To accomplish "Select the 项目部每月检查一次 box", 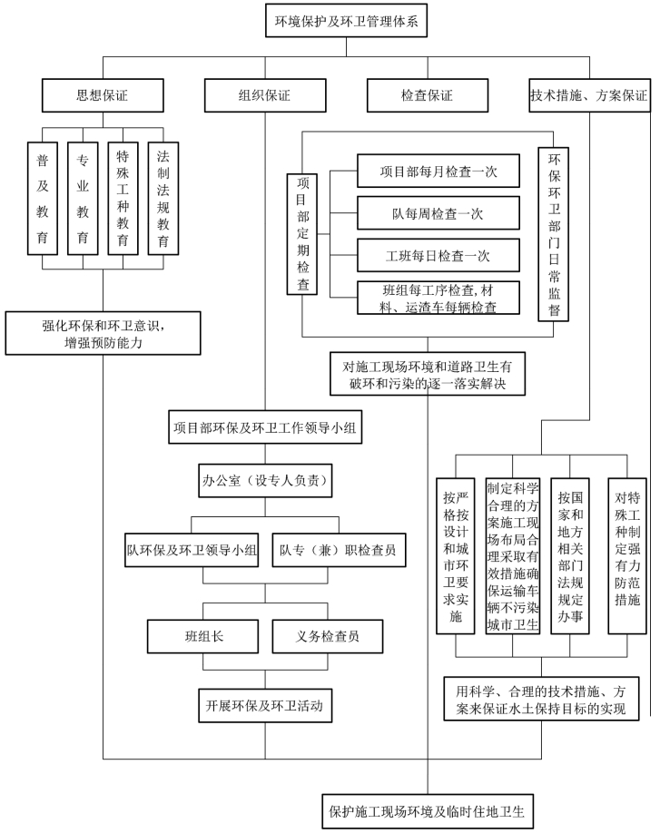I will pos(438,170).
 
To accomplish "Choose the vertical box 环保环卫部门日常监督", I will pos(553,233).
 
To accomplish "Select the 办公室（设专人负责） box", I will pos(265,477).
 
